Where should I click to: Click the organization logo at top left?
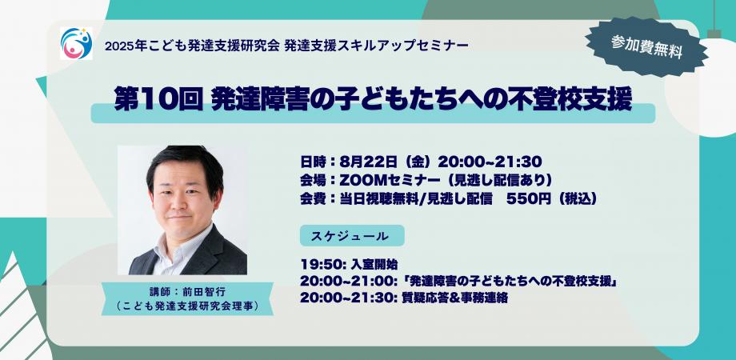(76, 43)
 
